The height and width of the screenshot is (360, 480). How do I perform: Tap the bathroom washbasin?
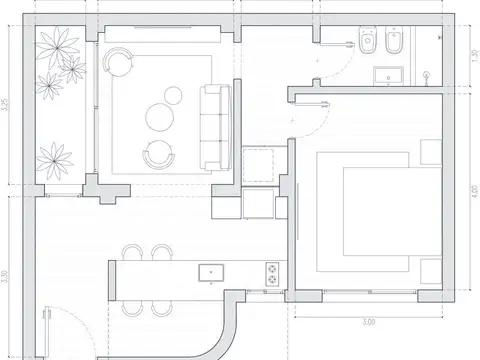(385, 73)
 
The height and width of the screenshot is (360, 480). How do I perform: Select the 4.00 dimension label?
(473, 187)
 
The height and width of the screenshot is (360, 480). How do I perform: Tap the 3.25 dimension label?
(7, 106)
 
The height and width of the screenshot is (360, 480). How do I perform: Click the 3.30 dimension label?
(7, 270)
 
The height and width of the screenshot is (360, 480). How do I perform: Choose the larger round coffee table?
(160, 117)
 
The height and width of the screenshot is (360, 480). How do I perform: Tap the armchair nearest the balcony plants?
(118, 63)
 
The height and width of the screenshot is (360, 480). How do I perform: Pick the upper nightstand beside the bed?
(431, 150)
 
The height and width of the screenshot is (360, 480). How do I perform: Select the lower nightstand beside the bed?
(431, 270)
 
